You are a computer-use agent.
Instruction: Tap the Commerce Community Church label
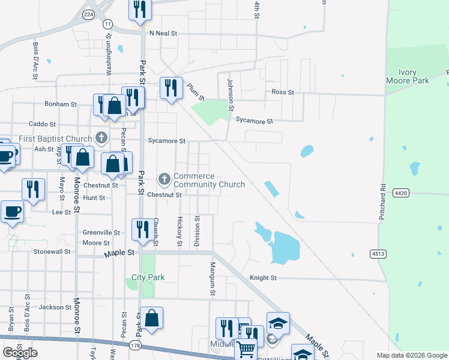coord(209,180)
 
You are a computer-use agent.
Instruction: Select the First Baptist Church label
coord(53,139)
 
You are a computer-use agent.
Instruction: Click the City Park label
coord(148,278)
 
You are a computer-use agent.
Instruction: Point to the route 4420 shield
coord(402,193)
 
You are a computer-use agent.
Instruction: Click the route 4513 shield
coord(378,254)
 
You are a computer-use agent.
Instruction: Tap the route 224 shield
coord(89,14)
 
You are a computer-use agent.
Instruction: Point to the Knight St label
coord(264,278)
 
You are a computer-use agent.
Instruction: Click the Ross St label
coord(282,92)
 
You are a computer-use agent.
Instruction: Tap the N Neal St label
coord(164,33)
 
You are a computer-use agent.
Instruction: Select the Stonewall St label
coord(52,251)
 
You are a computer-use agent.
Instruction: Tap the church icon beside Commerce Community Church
coord(164,179)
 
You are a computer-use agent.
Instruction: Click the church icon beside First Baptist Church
coord(101,138)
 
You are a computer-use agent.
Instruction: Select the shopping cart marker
coord(246,347)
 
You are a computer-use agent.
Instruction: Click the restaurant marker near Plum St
coord(171,88)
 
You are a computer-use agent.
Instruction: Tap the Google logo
coord(20,353)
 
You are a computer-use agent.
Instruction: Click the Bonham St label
coord(61,104)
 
